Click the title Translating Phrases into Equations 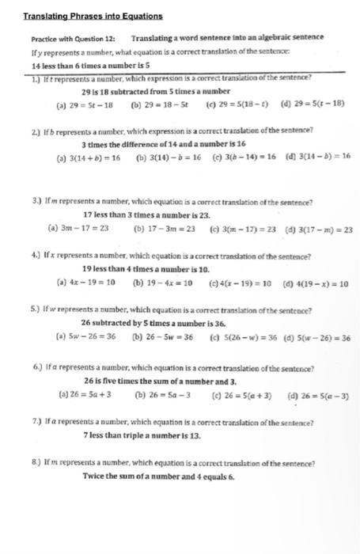point(93,15)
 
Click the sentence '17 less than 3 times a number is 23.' point(147,214)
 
